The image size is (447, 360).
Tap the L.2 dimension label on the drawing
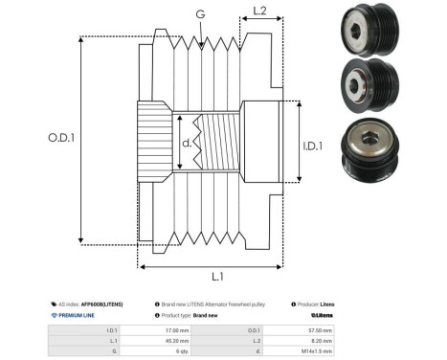[259, 12]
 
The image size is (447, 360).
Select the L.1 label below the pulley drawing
[215, 276]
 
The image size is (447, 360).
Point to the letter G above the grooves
[199, 15]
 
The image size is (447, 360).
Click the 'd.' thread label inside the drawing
[188, 146]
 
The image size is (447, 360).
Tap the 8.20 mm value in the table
[322, 340]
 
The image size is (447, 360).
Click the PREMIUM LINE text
[76, 314]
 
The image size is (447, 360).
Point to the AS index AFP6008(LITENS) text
[91, 303]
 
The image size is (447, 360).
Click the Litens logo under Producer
[323, 314]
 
